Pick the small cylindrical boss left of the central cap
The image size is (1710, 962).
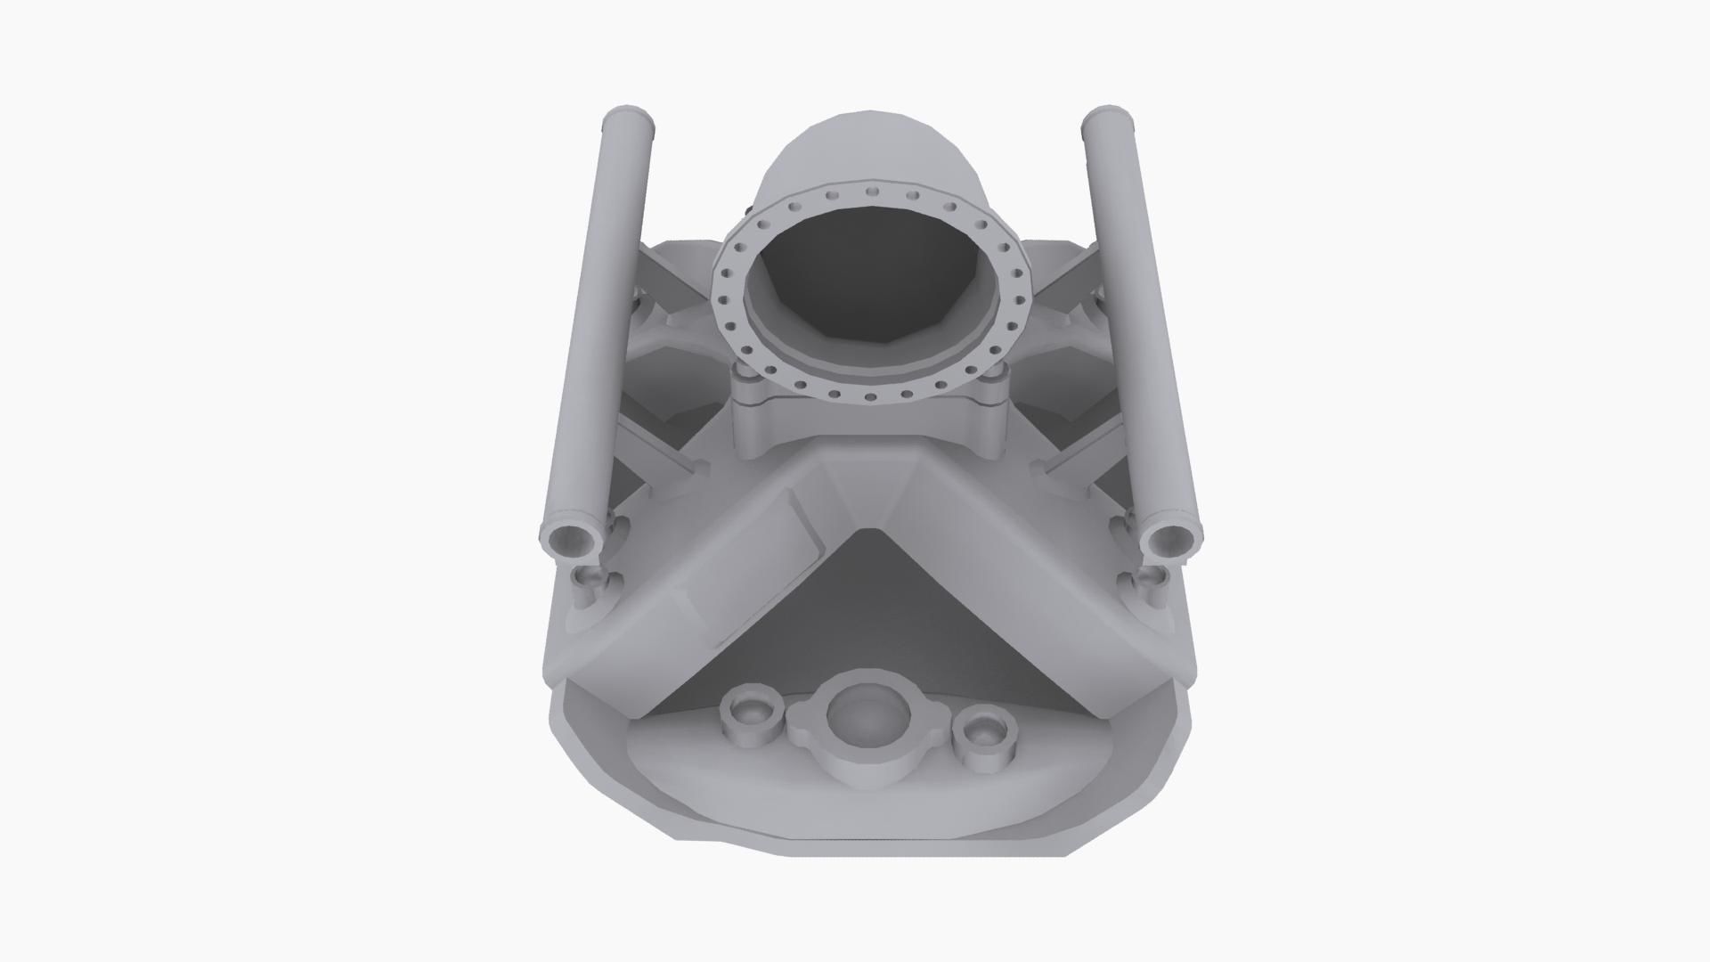point(751,713)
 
